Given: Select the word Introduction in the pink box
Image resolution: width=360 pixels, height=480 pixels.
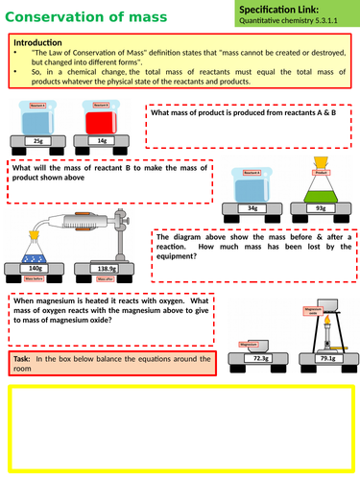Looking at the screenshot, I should [x=37, y=42].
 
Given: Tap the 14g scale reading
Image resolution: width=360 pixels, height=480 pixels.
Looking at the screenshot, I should [x=105, y=140].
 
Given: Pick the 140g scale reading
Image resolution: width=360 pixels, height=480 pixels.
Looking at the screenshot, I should [x=37, y=269].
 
